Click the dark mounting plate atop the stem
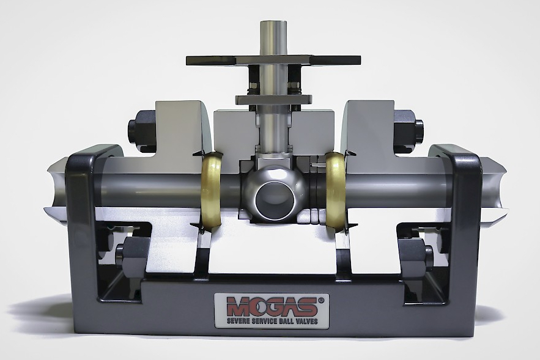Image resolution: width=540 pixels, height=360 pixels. (x=273, y=61)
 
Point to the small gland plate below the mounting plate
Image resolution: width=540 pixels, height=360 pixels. (x=273, y=100)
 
